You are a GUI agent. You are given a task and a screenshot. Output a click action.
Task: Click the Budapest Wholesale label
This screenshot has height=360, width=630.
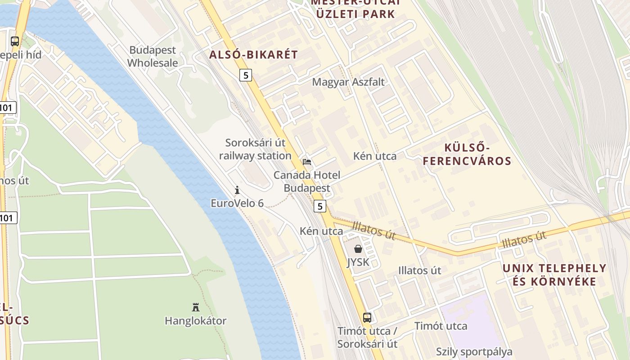tap(153, 57)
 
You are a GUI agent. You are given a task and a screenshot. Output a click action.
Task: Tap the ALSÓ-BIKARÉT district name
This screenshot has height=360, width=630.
tap(253, 55)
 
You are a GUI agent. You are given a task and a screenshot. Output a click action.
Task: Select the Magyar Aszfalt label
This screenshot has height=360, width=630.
tap(348, 82)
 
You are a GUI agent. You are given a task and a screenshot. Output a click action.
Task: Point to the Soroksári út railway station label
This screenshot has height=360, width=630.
tap(255, 149)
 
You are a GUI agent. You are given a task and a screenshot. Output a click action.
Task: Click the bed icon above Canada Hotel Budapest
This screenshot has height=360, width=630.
tap(307, 162)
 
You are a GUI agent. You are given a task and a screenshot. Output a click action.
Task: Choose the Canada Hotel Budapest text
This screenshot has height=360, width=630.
tap(307, 182)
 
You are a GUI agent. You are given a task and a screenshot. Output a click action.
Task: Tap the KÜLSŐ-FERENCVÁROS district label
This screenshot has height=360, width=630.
tap(467, 154)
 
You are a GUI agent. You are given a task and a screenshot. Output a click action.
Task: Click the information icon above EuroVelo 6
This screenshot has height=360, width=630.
tap(237, 190)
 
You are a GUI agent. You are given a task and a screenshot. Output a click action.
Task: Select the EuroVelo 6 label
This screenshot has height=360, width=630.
tap(237, 203)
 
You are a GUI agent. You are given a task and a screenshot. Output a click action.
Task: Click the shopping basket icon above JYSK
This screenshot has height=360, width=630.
tap(358, 249)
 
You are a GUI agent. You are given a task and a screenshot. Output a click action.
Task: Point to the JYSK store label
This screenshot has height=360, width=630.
tap(358, 262)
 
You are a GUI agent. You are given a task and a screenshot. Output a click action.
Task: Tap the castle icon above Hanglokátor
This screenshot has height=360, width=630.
tap(196, 307)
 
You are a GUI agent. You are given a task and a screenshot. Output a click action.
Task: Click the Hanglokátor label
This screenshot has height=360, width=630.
tap(196, 321)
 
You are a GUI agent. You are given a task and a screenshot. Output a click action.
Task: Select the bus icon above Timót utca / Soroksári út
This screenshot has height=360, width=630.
tap(367, 318)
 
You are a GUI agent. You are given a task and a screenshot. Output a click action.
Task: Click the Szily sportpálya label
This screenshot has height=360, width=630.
tap(474, 351)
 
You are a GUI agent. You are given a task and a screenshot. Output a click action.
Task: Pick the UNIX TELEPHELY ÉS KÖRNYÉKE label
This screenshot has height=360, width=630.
tap(554, 275)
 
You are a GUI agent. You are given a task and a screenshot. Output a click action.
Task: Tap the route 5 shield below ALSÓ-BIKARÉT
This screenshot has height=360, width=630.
tap(246, 75)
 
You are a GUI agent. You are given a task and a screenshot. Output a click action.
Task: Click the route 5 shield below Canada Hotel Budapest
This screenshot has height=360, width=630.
tap(320, 206)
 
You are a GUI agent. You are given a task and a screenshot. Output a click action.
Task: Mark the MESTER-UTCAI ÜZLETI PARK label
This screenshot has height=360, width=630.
tap(355, 8)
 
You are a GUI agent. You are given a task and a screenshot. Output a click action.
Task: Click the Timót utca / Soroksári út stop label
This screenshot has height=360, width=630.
tap(368, 337)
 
